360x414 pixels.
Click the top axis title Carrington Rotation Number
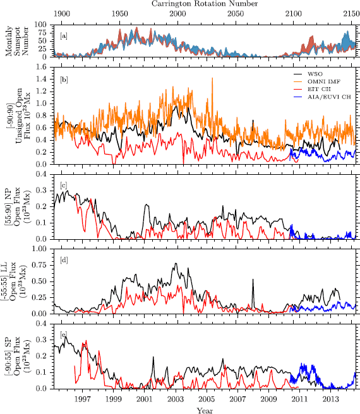pyautogui.click(x=203, y=4)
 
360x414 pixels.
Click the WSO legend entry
pyautogui.click(x=320, y=75)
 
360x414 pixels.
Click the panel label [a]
pyautogui.click(x=64, y=36)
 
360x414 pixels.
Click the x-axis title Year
pyautogui.click(x=203, y=410)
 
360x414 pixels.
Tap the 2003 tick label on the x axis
pyautogui.click(x=175, y=399)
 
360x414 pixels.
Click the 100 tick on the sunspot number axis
pyautogui.click(x=42, y=24)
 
